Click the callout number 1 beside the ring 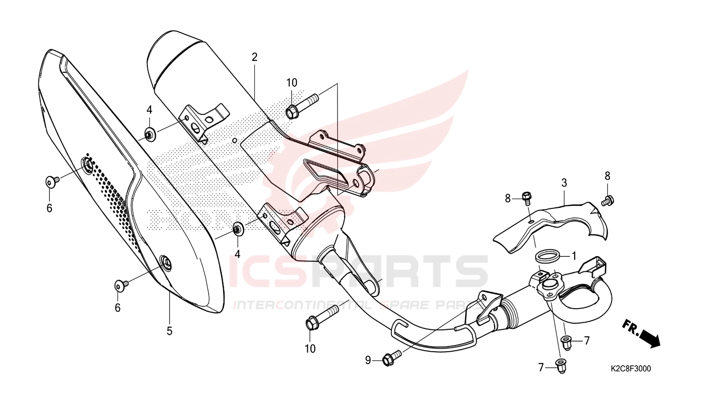[574, 256]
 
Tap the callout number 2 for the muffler [254, 57]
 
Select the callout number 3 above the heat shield [564, 183]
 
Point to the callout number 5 [170, 331]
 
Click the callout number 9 [368, 361]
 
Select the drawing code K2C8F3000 [631, 369]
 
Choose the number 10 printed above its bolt [292, 83]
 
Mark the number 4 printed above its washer [149, 110]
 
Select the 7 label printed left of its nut [541, 368]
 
